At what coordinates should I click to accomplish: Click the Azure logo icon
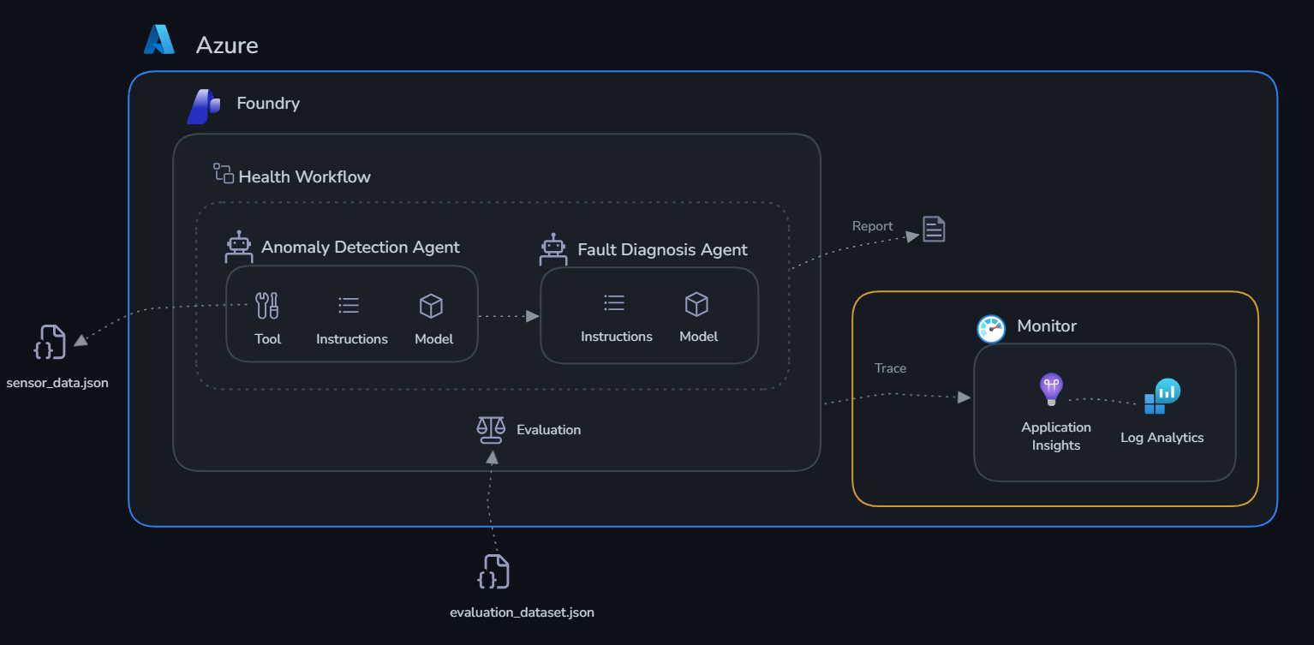(x=159, y=39)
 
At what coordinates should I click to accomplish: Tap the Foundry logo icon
(x=204, y=106)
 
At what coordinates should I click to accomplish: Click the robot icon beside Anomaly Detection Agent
(x=239, y=247)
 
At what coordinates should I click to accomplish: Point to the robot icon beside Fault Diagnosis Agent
(x=553, y=249)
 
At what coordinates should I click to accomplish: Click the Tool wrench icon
(x=267, y=306)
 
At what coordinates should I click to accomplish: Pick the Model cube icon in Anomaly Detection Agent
(x=431, y=306)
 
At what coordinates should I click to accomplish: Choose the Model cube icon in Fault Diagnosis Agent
(x=697, y=304)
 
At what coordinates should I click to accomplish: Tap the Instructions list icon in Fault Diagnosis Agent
(x=614, y=302)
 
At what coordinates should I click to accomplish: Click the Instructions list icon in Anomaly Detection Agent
(x=349, y=305)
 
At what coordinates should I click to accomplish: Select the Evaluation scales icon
(x=491, y=430)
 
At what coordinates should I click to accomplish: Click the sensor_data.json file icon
(x=50, y=342)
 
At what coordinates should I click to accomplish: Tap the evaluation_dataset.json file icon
(x=493, y=571)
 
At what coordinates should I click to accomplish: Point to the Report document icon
(x=934, y=229)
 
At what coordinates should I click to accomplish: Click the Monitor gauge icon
(x=991, y=328)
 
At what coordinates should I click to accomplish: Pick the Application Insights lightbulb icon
(x=1051, y=389)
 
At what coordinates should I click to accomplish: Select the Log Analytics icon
(x=1162, y=396)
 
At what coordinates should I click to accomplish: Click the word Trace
(x=891, y=368)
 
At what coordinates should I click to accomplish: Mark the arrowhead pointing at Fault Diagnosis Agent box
(x=532, y=317)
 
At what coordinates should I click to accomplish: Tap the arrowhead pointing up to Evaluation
(x=493, y=458)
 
